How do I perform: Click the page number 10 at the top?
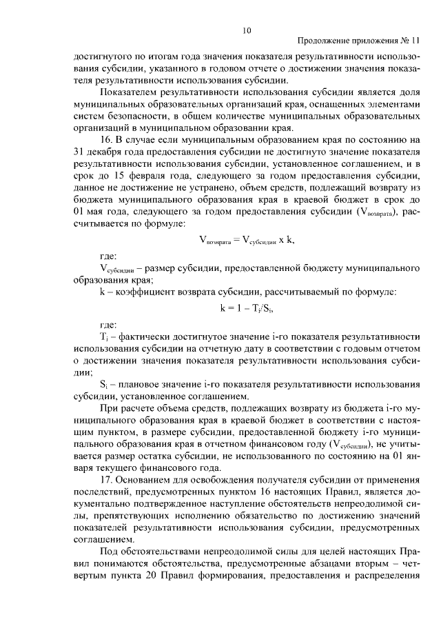(x=247, y=30)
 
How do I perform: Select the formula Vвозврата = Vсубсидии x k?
(x=247, y=240)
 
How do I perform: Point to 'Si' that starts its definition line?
(x=104, y=383)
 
